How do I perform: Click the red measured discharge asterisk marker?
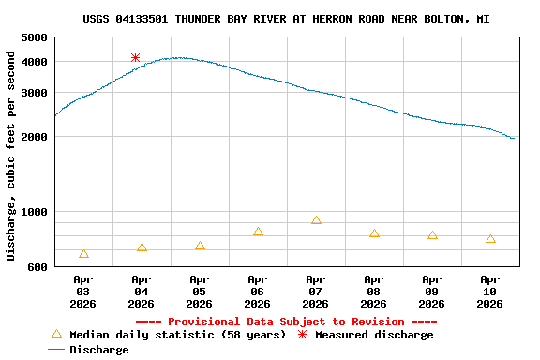click(136, 58)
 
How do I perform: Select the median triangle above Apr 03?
click(84, 254)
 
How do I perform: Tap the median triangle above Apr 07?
click(316, 220)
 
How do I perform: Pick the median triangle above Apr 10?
click(490, 239)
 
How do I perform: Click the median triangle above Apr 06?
click(258, 232)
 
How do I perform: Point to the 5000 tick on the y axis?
click(34, 37)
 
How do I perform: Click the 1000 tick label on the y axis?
click(34, 212)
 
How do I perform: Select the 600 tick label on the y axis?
click(37, 267)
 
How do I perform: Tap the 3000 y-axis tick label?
click(34, 93)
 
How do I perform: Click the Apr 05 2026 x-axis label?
click(199, 291)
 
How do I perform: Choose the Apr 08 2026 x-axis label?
click(373, 291)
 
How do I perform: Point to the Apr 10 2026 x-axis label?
click(489, 291)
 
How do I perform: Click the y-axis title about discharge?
click(11, 156)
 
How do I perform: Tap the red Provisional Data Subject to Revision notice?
click(286, 322)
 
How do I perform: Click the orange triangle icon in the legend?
click(56, 334)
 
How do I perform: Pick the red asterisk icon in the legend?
click(302, 335)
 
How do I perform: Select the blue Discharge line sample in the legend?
click(56, 350)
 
